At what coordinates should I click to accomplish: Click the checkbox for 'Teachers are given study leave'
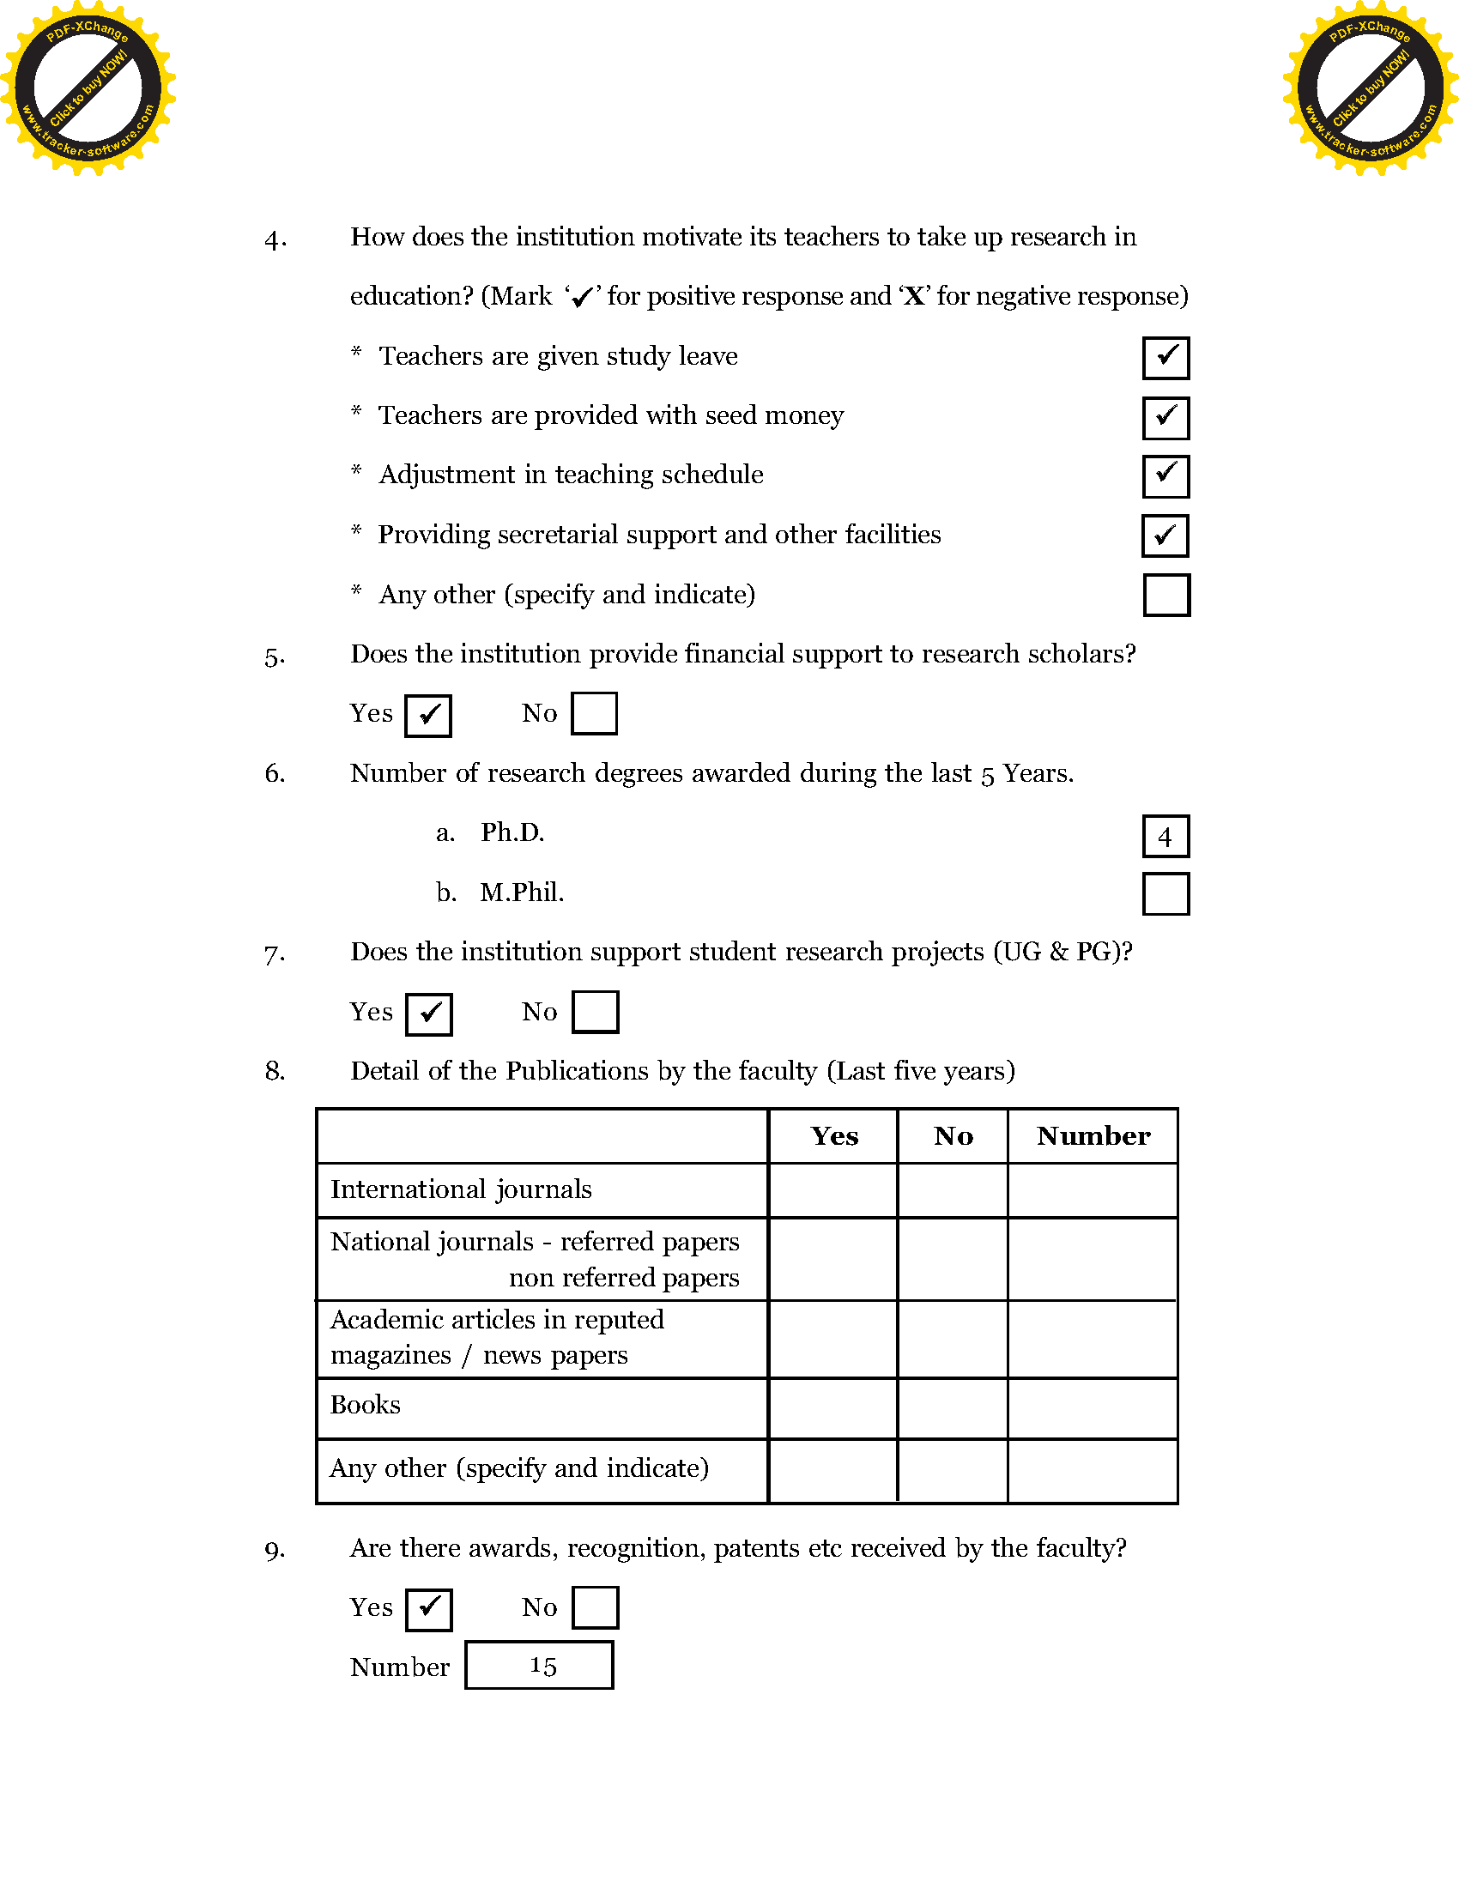pyautogui.click(x=1165, y=358)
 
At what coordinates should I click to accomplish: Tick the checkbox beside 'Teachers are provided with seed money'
pyautogui.click(x=1165, y=418)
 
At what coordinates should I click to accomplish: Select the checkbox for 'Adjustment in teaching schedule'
pyautogui.click(x=1165, y=476)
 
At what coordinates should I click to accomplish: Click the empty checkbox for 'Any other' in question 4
pyautogui.click(x=1166, y=595)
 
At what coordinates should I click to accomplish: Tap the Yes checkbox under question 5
pyautogui.click(x=428, y=715)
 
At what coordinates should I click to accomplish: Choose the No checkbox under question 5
pyautogui.click(x=594, y=713)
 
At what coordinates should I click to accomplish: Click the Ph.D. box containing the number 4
pyautogui.click(x=1165, y=836)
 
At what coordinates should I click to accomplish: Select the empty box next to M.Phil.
pyautogui.click(x=1165, y=894)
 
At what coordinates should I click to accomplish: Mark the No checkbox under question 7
pyautogui.click(x=595, y=1012)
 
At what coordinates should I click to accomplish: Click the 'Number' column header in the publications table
pyautogui.click(x=1093, y=1136)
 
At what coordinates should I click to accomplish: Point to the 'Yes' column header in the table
pyautogui.click(x=833, y=1136)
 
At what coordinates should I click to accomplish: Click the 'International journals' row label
pyautogui.click(x=461, y=1189)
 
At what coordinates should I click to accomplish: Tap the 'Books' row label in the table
pyautogui.click(x=366, y=1405)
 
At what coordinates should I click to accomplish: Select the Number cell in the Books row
pyautogui.click(x=1093, y=1409)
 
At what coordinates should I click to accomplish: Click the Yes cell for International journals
pyautogui.click(x=833, y=1190)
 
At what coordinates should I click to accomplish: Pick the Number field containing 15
pyautogui.click(x=539, y=1665)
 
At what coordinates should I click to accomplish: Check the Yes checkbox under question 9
pyautogui.click(x=429, y=1609)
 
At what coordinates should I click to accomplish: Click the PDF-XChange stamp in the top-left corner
pyautogui.click(x=88, y=88)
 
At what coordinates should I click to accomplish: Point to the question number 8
pyautogui.click(x=275, y=1071)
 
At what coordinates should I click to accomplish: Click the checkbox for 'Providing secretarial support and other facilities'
pyautogui.click(x=1165, y=536)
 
